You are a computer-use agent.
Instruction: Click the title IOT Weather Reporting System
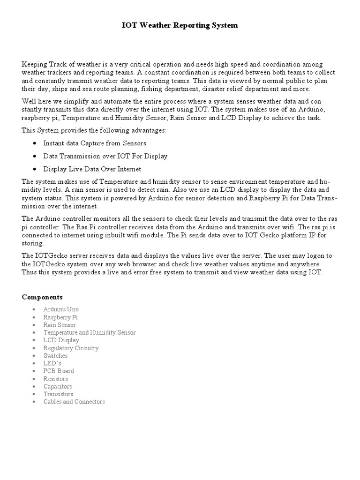tap(180, 25)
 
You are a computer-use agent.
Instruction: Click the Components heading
tap(42, 297)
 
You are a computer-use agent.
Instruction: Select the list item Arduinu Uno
tap(61, 309)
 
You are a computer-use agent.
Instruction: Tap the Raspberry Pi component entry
tap(60, 317)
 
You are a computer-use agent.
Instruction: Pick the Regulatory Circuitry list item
tap(71, 348)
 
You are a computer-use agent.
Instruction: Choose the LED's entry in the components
tap(52, 363)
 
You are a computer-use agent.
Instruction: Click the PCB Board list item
tap(59, 371)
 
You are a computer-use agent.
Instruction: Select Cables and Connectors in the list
tap(74, 402)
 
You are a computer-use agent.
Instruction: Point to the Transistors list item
tap(58, 394)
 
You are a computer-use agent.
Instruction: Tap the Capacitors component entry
tap(58, 386)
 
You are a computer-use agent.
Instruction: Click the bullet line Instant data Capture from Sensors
tap(95, 143)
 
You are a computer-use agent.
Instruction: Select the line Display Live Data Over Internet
tap(92, 169)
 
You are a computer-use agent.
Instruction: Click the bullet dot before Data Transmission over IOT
tap(35, 156)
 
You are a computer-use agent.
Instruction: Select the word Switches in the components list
tap(55, 356)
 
